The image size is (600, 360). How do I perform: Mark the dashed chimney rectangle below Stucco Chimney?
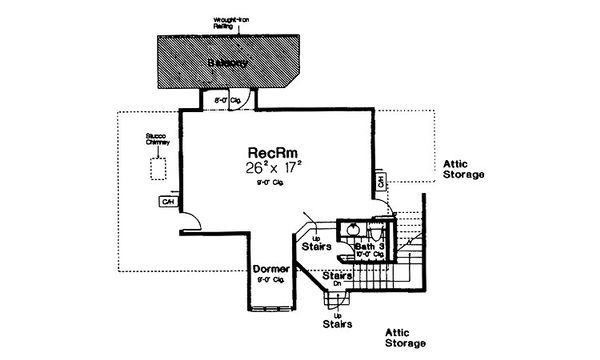(159, 168)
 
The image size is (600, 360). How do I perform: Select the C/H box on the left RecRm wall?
(167, 202)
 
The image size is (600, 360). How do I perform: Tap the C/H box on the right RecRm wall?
(381, 182)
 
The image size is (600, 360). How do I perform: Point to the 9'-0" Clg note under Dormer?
(269, 282)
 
